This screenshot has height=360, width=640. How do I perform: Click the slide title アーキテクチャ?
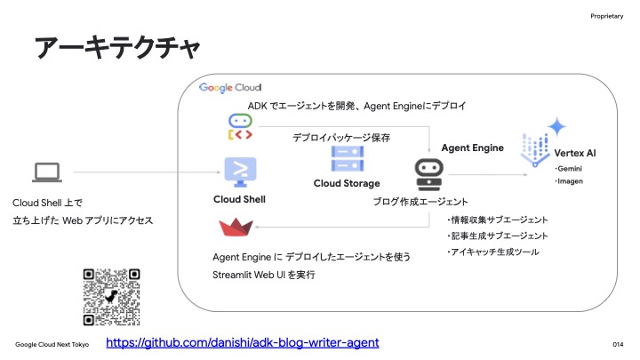coord(117,48)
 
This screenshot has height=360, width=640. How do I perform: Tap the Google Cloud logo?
coord(230,88)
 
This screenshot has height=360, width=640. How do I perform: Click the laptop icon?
coord(47,172)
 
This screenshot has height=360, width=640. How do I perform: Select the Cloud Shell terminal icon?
coord(240,172)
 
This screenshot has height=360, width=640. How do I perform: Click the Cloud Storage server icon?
coord(348,158)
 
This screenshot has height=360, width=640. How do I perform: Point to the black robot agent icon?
coord(429,175)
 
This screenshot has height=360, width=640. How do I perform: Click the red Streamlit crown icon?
coord(236,227)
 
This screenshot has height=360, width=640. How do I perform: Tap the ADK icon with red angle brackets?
coord(240,127)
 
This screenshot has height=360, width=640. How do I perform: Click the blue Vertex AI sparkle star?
coord(557,126)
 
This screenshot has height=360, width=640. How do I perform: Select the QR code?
coord(111,297)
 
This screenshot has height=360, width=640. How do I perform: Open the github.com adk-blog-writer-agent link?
coord(243,342)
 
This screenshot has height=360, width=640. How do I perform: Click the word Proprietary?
coord(607,16)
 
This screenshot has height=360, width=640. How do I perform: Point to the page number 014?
coord(618,345)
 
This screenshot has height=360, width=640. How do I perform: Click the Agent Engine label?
coord(473,148)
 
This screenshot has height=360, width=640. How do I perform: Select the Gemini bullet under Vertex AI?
coord(568,169)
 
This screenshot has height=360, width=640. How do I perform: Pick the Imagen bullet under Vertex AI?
coord(569,181)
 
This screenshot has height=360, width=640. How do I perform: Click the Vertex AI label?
coord(575,153)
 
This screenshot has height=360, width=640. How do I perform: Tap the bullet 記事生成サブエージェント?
coord(498,236)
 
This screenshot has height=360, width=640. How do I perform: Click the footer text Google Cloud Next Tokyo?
coord(52,345)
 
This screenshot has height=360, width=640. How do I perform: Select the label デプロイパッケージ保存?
coord(341,138)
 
